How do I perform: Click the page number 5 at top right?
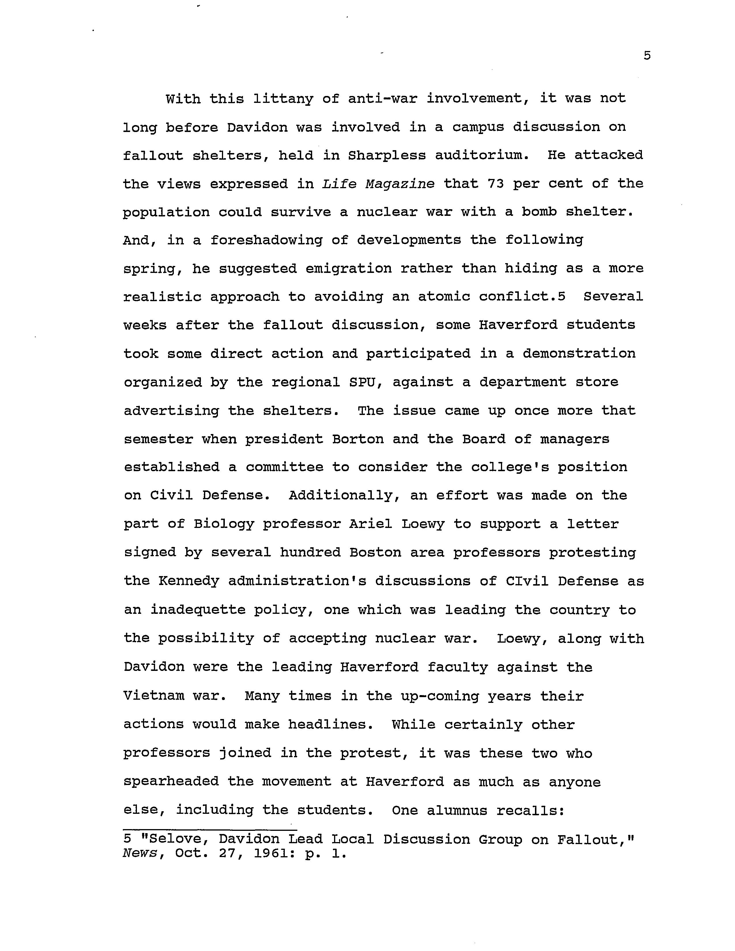coord(647,56)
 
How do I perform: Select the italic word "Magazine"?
coord(400,184)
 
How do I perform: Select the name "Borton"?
coord(358,439)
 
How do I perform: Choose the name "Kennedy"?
coord(189,581)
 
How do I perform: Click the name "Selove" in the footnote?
coord(170,839)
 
